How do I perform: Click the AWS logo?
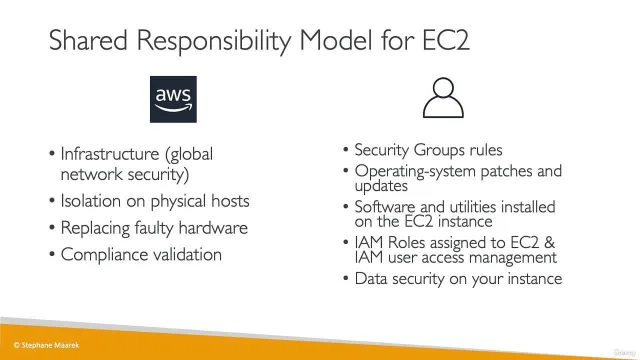173,99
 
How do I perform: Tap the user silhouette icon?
443,98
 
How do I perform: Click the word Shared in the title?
88,40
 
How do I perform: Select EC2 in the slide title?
446,40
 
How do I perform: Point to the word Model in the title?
336,40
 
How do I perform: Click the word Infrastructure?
110,154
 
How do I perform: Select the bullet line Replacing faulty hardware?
154,228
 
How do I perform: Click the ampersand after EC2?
549,242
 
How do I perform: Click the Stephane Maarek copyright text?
47,345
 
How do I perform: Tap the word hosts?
230,201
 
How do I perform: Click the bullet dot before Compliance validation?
52,255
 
